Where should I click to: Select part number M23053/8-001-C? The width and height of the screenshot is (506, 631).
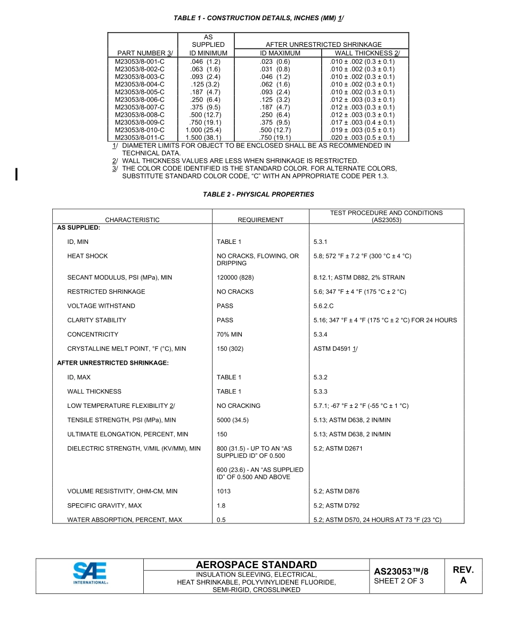[140, 61]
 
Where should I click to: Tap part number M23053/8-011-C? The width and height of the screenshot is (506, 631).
[140, 137]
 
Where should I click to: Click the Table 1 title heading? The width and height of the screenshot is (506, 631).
[258, 18]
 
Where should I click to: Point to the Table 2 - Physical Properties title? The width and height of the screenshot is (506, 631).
[258, 194]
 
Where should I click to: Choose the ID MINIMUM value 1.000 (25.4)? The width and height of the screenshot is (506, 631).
[203, 130]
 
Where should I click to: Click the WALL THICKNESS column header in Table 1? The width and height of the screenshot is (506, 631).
[367, 53]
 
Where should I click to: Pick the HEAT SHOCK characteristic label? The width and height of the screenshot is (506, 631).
[87, 256]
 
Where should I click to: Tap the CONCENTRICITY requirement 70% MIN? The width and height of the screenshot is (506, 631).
[230, 334]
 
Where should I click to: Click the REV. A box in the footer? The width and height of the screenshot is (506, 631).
[463, 575]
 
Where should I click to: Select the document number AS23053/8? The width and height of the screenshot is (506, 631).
[401, 571]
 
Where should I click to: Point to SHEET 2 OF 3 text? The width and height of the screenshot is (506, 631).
[398, 581]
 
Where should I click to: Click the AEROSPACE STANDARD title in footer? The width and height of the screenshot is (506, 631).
[256, 564]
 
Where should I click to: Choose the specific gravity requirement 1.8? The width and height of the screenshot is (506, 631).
[221, 505]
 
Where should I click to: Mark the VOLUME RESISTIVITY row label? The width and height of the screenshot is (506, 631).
[122, 491]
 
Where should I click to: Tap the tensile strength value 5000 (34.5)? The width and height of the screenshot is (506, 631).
[232, 420]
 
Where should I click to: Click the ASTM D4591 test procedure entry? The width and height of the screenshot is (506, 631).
[335, 349]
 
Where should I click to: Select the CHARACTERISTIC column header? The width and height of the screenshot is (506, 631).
[132, 219]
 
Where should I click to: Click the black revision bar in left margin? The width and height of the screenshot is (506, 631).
[17, 174]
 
